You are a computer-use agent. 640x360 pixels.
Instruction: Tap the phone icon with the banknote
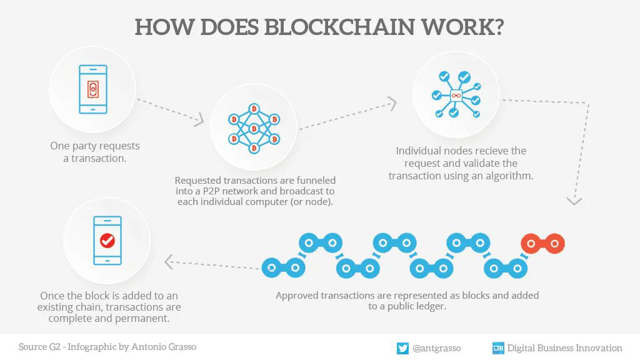(92, 89)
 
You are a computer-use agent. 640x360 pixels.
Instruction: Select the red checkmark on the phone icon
(107, 240)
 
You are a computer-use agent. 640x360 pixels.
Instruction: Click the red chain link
(543, 241)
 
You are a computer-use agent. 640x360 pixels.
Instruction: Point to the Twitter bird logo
(402, 348)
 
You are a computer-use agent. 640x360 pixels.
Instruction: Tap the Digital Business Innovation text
(564, 348)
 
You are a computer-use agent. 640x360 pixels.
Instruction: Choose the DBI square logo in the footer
(498, 348)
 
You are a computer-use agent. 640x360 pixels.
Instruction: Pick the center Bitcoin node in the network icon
(254, 129)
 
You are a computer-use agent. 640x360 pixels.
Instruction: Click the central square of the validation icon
(456, 95)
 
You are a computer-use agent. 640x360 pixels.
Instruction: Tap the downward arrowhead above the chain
(574, 201)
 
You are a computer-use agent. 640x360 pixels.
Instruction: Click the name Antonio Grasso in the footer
(164, 347)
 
